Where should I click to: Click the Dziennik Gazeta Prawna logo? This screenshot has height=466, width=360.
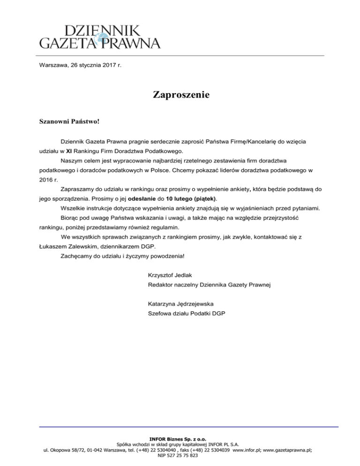[99, 36]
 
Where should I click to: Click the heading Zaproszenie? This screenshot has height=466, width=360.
[180, 95]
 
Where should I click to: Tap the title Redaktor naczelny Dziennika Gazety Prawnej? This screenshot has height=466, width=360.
[209, 284]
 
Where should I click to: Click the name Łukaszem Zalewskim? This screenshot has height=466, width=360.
[68, 246]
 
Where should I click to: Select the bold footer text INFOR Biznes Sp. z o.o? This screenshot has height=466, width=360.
[180, 440]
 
